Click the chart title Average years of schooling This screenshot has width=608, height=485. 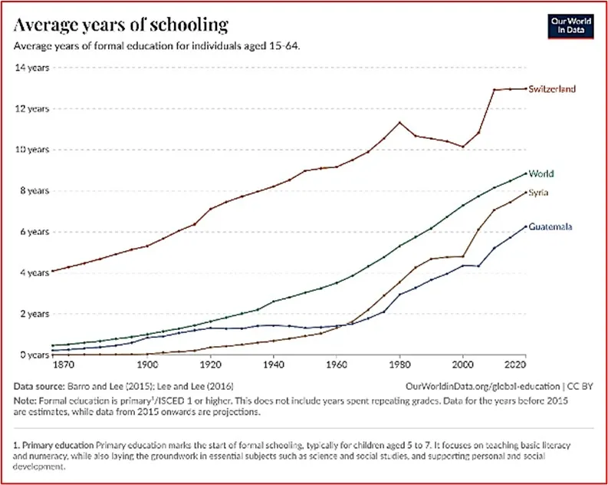pyautogui.click(x=120, y=25)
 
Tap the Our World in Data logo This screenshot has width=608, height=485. pyautogui.click(x=571, y=25)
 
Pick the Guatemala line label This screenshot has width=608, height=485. pyautogui.click(x=551, y=227)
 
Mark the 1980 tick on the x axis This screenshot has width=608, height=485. pyautogui.click(x=399, y=365)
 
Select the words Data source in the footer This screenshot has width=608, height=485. pyautogui.click(x=38, y=385)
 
